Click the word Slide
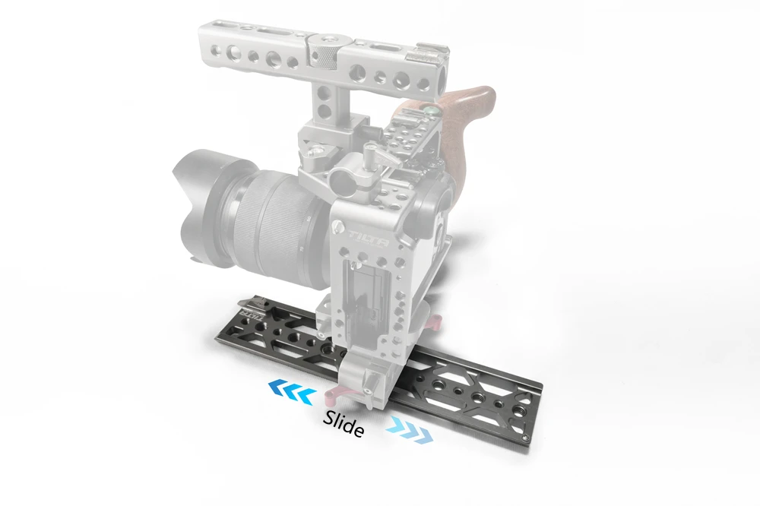(x=344, y=422)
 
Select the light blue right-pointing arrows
(x=410, y=429)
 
